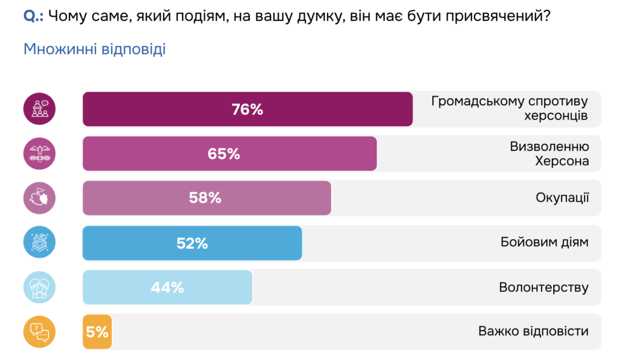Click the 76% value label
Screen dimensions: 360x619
click(x=247, y=109)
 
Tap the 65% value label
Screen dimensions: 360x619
click(x=224, y=154)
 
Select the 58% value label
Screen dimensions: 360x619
click(x=205, y=198)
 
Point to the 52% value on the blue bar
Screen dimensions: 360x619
click(x=192, y=243)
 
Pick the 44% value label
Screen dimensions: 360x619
click(x=167, y=288)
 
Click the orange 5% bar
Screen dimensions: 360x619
click(x=97, y=332)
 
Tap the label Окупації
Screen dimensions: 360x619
click(x=562, y=198)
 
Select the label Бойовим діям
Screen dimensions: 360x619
click(x=544, y=243)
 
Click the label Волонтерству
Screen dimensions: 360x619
click(x=543, y=288)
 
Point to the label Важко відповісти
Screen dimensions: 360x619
click(x=533, y=332)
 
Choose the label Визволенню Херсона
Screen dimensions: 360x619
click(x=549, y=154)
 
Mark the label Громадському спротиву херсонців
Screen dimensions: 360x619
click(x=510, y=109)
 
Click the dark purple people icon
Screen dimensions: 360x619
click(x=39, y=109)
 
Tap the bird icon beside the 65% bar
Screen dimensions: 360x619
click(x=39, y=154)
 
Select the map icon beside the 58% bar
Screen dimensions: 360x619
click(x=39, y=198)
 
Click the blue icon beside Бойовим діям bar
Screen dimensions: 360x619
click(x=39, y=243)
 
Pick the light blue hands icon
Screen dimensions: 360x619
click(x=39, y=288)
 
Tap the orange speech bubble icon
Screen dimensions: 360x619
click(x=39, y=332)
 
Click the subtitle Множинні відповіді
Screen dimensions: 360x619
click(x=94, y=50)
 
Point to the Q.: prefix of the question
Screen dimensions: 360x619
click(x=33, y=16)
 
